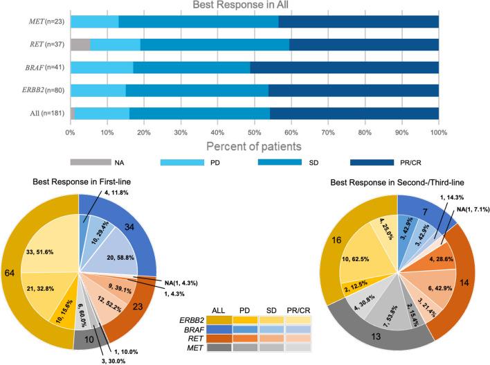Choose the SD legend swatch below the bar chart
coord(278,163)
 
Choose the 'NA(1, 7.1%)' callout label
coord(464,211)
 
